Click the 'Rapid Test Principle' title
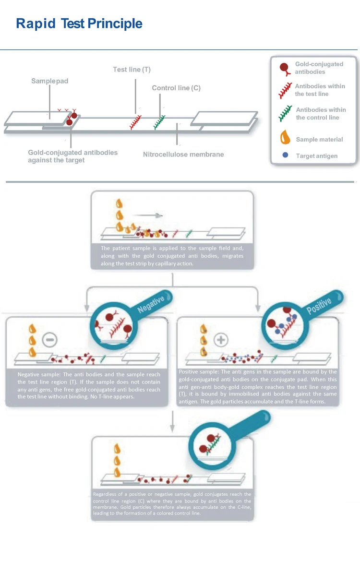[x=79, y=24]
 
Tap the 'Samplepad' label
[x=50, y=81]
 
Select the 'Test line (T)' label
[x=132, y=70]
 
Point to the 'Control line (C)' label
[x=176, y=88]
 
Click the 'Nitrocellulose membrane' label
[x=183, y=155]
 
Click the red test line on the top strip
[x=136, y=122]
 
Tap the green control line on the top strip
[x=159, y=122]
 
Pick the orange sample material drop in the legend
[x=286, y=137]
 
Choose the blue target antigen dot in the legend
[x=286, y=155]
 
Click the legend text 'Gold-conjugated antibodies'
[x=319, y=68]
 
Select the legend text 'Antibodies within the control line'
[x=321, y=114]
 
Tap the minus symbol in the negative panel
[x=49, y=340]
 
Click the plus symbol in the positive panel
[x=220, y=340]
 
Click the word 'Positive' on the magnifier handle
[x=319, y=305]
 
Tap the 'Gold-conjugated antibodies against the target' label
[x=72, y=156]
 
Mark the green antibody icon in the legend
[x=286, y=113]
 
